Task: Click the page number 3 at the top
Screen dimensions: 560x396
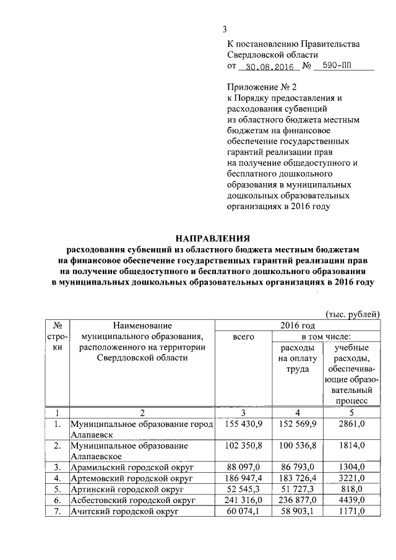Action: tap(225, 29)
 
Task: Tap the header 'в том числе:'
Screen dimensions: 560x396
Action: tap(324, 337)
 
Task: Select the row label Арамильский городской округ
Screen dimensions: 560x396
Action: tap(128, 467)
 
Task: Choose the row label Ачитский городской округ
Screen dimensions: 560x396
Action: tap(124, 511)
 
